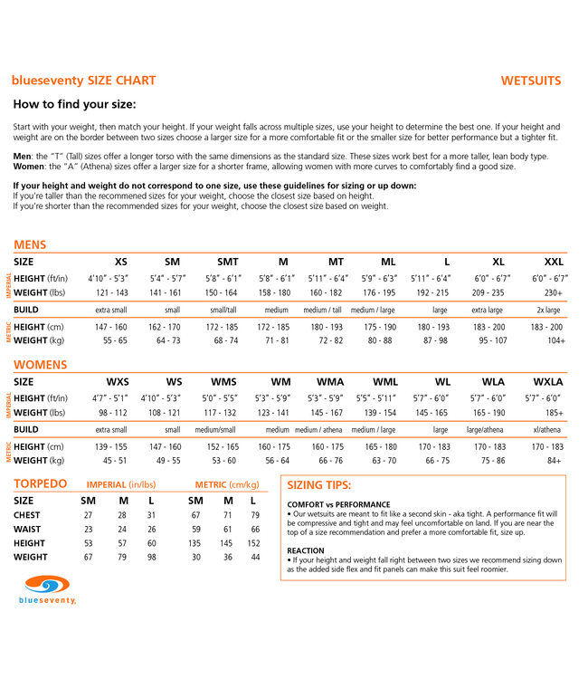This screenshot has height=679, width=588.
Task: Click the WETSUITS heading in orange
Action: [531, 81]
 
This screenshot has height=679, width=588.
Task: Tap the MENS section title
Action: [30, 244]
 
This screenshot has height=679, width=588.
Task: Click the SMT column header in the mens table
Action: [227, 262]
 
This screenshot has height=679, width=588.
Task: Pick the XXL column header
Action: [554, 262]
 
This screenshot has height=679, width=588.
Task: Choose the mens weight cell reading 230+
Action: [554, 292]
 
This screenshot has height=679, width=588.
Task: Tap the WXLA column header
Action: [548, 381]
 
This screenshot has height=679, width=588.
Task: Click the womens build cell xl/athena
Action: [547, 429]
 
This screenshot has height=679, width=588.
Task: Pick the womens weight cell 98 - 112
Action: [112, 412]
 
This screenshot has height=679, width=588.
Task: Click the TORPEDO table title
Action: [40, 483]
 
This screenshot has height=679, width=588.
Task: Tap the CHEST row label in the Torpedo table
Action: [27, 515]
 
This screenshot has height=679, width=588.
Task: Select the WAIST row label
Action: [27, 529]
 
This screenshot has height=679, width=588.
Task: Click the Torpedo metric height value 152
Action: [253, 543]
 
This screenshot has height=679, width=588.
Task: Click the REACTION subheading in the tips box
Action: [306, 550]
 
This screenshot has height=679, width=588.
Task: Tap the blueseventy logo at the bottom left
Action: [47, 588]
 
